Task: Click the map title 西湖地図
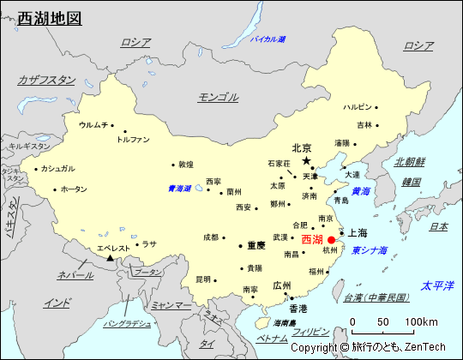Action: click(51, 16)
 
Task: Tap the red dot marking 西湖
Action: click(331, 239)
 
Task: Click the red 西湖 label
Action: click(312, 239)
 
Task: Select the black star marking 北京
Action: click(306, 160)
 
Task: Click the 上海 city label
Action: click(357, 232)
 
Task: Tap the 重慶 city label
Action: click(256, 244)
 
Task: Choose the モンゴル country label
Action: click(218, 97)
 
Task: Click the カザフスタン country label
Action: click(46, 80)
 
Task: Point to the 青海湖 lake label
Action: click(179, 189)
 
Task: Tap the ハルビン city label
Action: click(358, 107)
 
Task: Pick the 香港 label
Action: click(298, 308)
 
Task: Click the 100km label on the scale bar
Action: click(421, 321)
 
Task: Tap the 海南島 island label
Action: click(285, 322)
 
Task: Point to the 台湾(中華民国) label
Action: click(376, 297)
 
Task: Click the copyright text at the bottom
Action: click(368, 347)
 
